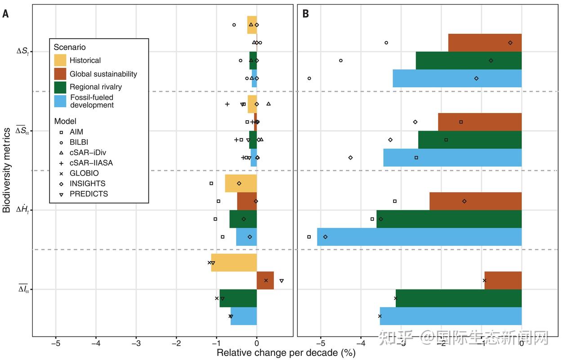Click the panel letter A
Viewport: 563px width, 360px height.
point(5,14)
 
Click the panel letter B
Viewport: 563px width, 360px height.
point(305,14)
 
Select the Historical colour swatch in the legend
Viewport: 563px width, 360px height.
point(60,60)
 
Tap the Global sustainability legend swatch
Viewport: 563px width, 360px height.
point(60,74)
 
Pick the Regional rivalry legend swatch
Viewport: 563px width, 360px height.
point(60,87)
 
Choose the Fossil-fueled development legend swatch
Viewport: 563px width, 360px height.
point(60,101)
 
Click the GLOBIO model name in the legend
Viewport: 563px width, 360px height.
point(84,173)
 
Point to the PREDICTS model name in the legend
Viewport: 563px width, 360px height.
point(89,194)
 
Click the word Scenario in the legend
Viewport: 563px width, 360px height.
point(70,47)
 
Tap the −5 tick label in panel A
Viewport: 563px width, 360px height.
point(55,344)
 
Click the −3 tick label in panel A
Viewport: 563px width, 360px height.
point(136,344)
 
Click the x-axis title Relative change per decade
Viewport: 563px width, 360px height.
point(286,353)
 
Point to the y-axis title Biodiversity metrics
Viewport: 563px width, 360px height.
point(7,170)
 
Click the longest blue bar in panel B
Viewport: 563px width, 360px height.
point(419,237)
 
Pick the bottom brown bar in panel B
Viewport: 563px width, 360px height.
point(503,280)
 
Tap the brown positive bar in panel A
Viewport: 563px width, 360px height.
point(265,280)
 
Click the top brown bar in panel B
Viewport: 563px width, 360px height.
point(485,43)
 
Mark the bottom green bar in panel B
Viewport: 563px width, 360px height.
point(459,298)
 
